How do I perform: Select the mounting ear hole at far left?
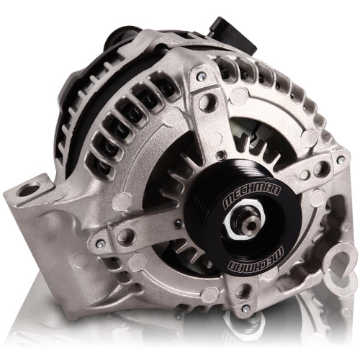point(29,191)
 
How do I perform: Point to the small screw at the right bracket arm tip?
point(341,159)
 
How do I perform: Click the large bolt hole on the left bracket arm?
point(127,237)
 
